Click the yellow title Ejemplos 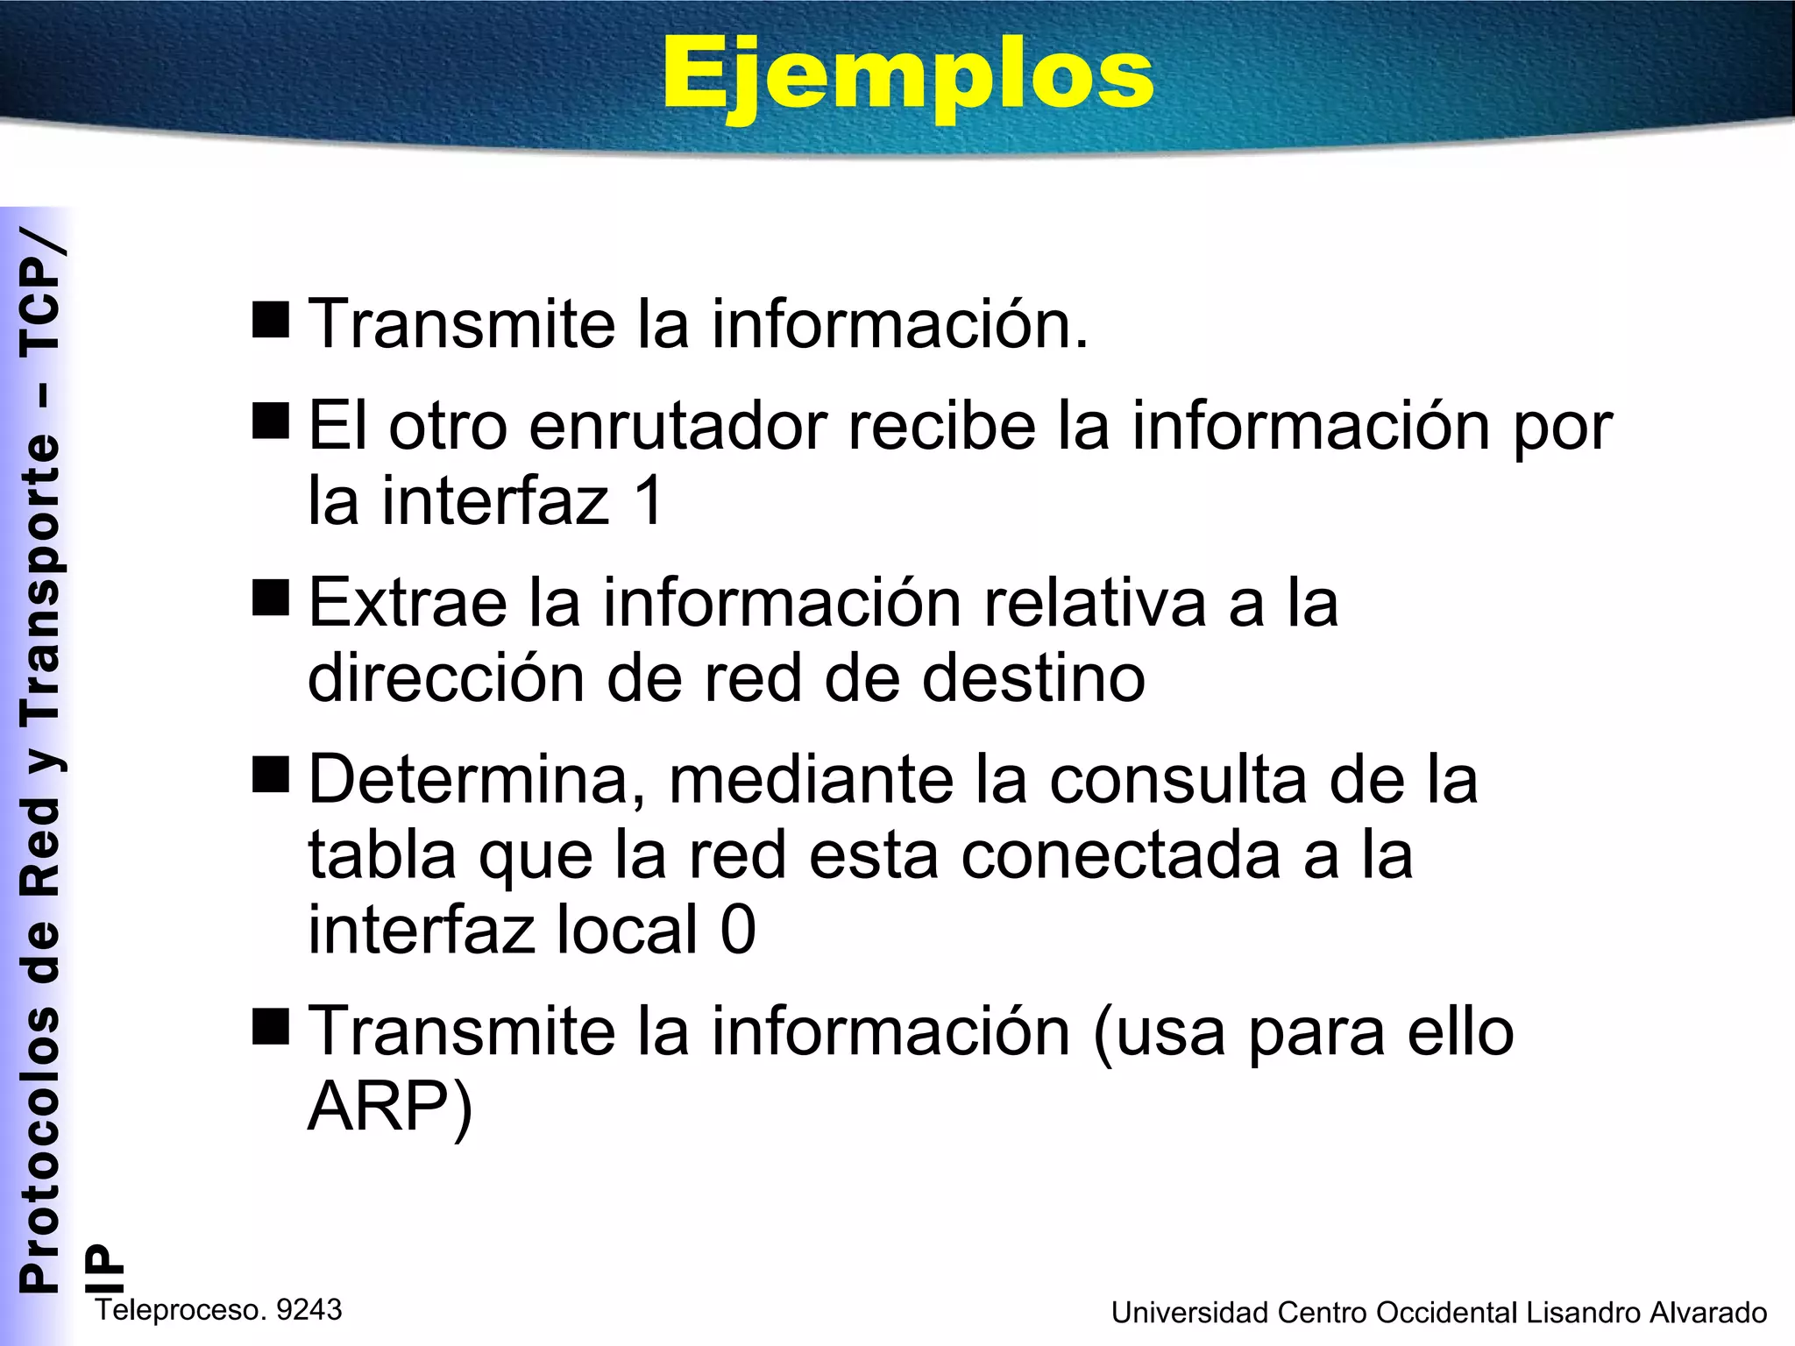[x=908, y=77]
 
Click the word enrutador [x=678, y=427]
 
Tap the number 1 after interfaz [x=649, y=501]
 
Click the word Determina [x=472, y=780]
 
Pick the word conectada [x=1121, y=855]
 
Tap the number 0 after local [x=738, y=930]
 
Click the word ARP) [x=390, y=1107]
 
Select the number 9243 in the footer [x=309, y=1310]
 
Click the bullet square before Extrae [x=270, y=599]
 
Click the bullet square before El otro [x=270, y=422]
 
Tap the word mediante [x=811, y=780]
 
